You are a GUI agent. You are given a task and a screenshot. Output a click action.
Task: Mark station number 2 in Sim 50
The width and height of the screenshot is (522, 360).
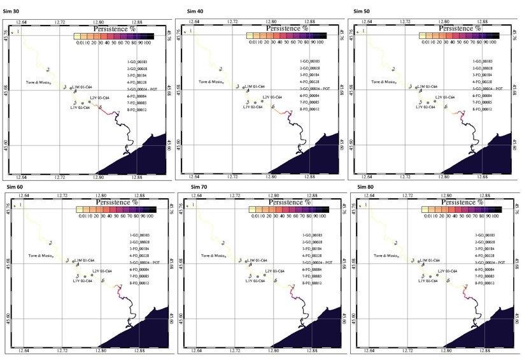point(393,69)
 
